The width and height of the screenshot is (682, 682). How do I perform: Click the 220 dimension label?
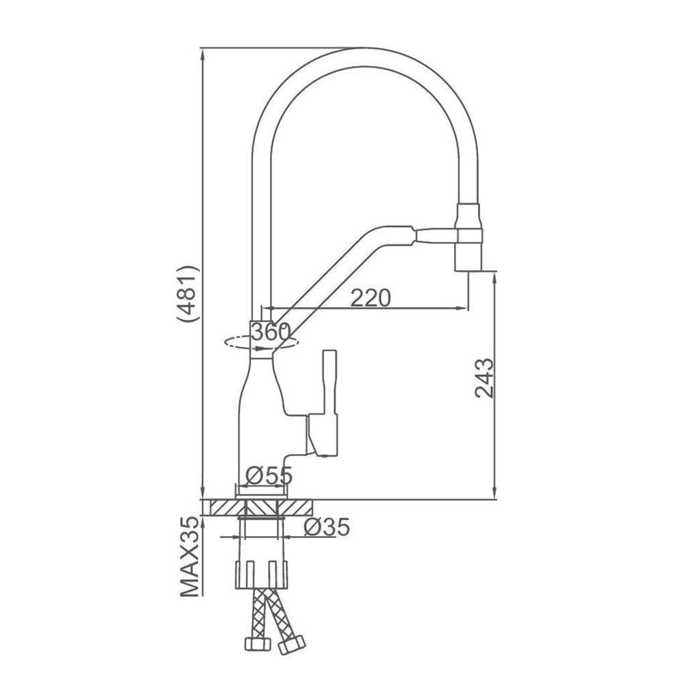tap(371, 298)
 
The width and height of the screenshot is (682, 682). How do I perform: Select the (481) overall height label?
tap(186, 293)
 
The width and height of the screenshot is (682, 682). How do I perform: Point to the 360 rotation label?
tap(270, 332)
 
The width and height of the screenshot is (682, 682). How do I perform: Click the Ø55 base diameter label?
tap(269, 475)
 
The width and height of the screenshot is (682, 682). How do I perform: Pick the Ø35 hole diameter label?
tap(326, 527)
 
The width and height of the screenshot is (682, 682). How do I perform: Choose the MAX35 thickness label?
tap(191, 557)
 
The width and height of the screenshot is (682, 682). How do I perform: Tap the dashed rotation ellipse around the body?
tap(235, 344)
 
